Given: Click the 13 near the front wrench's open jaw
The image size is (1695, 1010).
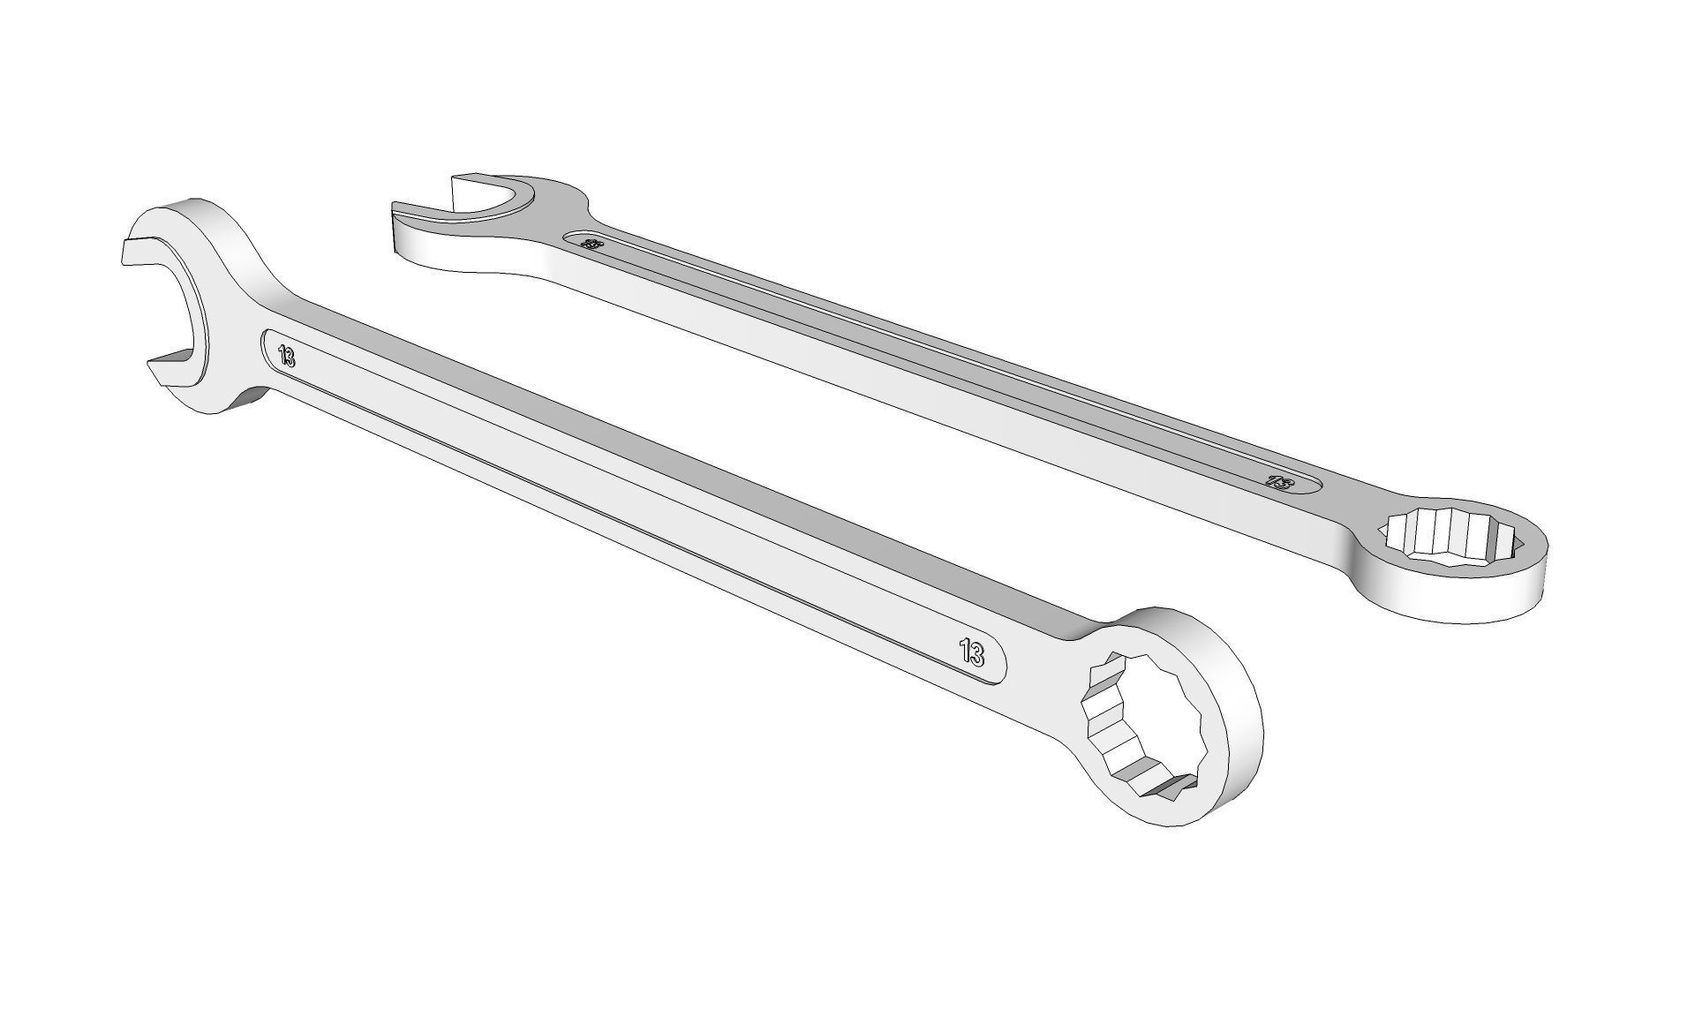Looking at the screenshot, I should tap(286, 357).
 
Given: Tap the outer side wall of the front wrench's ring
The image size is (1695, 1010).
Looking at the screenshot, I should tap(1236, 777).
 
